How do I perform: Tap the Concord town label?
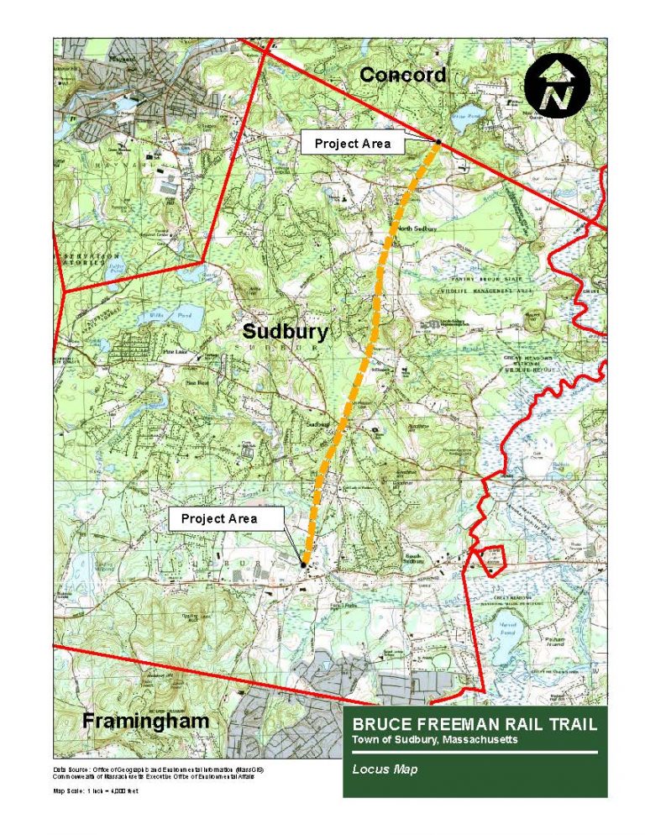[402, 75]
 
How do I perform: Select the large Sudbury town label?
[285, 331]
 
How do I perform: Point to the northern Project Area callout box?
[352, 144]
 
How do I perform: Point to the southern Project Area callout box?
[219, 518]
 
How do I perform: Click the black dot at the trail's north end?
[438, 141]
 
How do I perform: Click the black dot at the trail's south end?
[303, 565]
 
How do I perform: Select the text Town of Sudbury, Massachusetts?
[434, 739]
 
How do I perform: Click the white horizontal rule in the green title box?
[475, 754]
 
